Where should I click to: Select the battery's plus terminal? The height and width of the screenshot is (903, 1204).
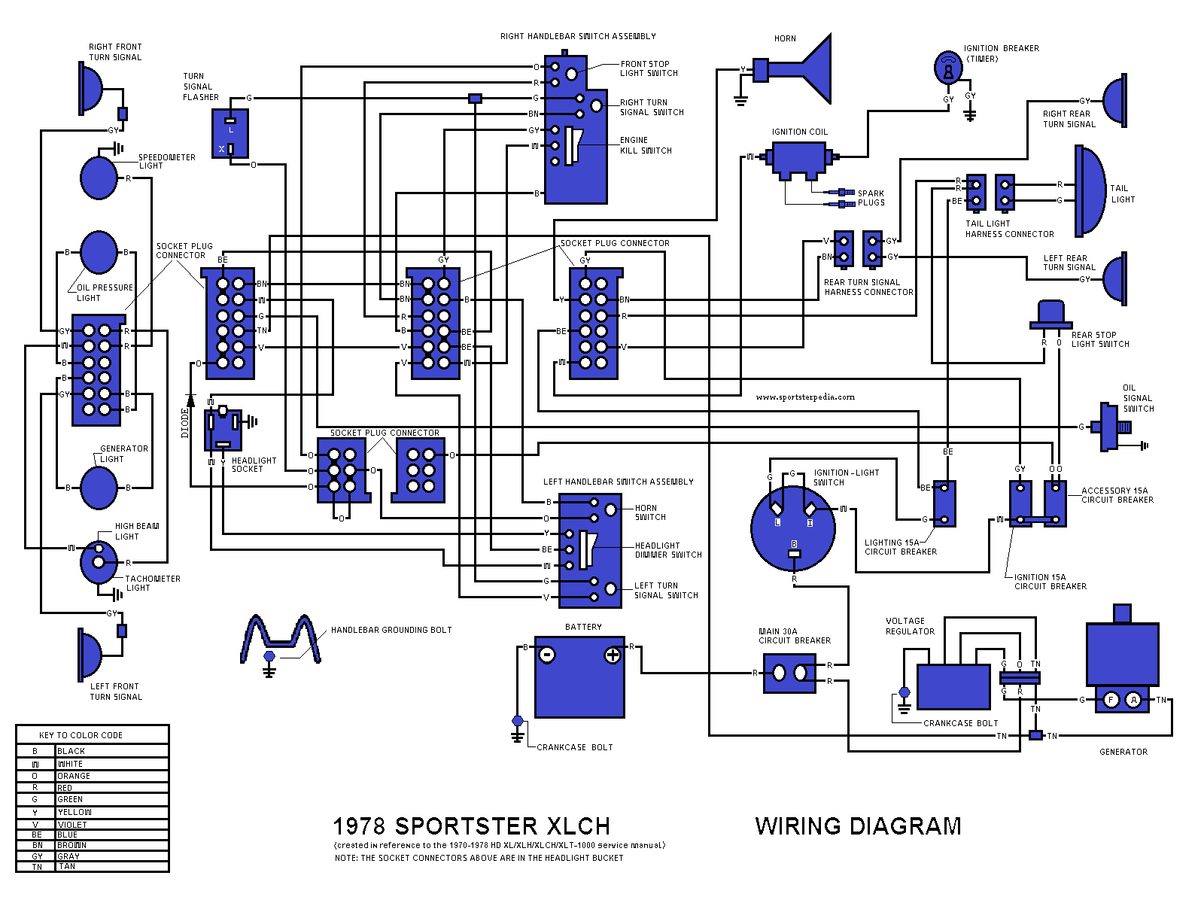[613, 655]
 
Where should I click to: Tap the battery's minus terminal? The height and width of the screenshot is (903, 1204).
[548, 655]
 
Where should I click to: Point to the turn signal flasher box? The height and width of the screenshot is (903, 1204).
[230, 134]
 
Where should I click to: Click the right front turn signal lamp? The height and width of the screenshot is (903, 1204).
[91, 88]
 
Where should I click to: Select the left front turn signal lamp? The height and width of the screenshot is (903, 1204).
[90, 652]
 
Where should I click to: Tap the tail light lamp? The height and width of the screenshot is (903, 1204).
[1090, 190]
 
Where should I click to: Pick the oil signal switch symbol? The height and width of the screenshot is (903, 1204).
[1111, 427]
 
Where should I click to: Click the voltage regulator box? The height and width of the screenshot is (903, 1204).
[953, 687]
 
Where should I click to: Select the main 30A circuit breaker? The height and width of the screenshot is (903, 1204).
[789, 673]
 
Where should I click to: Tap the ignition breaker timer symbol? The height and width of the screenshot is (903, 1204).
[948, 68]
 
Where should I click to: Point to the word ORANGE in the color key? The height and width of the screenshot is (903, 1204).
[74, 776]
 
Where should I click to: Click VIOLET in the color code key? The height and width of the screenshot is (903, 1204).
[72, 825]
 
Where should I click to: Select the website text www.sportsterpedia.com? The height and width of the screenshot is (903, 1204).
[805, 397]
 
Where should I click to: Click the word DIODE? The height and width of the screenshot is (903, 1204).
[185, 423]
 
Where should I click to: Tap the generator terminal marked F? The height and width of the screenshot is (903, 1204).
[1111, 701]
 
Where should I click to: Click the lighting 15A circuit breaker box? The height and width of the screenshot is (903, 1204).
[944, 503]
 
